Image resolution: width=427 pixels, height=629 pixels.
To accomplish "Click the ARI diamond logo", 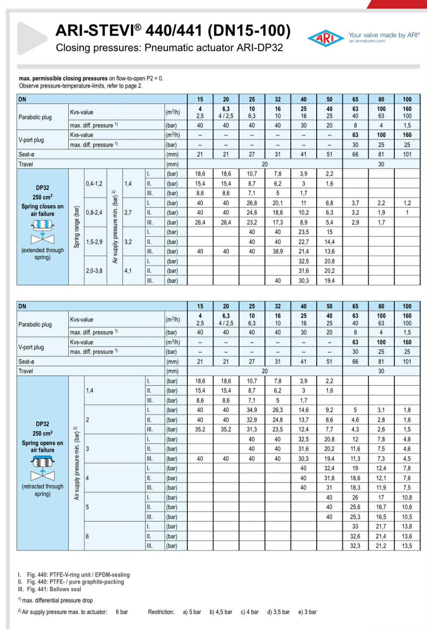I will tap(325, 38).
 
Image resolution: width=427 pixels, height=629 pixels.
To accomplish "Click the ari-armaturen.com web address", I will tap(367, 41).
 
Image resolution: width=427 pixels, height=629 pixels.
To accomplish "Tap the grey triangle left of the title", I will tap(32, 38).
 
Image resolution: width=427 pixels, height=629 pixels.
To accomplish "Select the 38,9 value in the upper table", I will tap(277, 252).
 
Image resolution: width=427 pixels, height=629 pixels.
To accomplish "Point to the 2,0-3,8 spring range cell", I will tap(94, 271).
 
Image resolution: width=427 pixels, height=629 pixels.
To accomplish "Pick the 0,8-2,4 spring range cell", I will tap(94, 213).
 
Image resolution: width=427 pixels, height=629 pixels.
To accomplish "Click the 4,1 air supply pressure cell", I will tap(128, 271).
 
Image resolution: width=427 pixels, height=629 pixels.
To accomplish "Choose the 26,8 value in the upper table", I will tap(252, 203).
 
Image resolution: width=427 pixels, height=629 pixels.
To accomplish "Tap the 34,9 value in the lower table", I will tap(252, 410).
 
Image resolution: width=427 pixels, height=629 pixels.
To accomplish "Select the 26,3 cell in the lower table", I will tap(277, 410).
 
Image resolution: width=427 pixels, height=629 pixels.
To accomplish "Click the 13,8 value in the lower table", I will tap(407, 527).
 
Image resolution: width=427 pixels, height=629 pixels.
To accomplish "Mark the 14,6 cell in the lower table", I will tap(303, 410).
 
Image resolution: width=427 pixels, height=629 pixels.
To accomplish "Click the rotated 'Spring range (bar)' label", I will tap(76, 227).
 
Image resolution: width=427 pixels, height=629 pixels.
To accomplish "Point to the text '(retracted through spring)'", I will tap(43, 490).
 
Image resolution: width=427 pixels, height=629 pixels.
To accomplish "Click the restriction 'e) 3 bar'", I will tap(307, 612).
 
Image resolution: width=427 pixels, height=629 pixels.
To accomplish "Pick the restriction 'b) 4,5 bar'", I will tap(221, 612).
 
